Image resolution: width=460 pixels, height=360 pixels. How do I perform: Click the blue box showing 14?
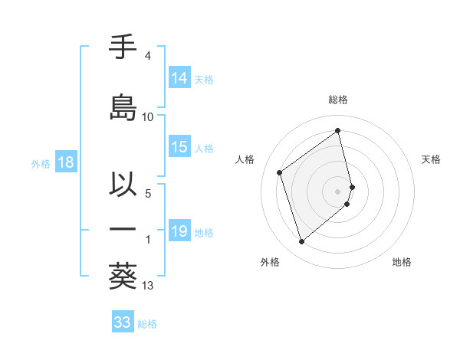tap(179, 78)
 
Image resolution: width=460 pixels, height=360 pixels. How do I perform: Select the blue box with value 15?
tap(179, 148)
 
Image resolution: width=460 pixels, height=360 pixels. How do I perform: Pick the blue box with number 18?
tap(65, 162)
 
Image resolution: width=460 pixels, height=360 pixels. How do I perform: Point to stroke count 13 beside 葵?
tap(148, 286)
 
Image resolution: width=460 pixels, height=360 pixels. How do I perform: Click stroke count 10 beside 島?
tap(148, 117)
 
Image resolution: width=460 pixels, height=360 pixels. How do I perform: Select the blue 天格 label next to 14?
tap(204, 79)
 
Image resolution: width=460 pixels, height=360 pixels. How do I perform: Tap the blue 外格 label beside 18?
tap(41, 163)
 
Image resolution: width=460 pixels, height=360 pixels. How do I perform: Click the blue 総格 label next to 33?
tap(147, 323)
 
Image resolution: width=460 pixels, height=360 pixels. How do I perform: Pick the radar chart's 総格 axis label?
tap(338, 100)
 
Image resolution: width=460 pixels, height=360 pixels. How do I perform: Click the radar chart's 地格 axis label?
tap(402, 262)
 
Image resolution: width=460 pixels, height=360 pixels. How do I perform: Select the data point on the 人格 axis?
tap(280, 172)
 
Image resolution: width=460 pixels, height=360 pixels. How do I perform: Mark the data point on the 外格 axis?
tap(301, 242)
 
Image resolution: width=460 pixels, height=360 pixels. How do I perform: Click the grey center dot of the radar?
tap(338, 191)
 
